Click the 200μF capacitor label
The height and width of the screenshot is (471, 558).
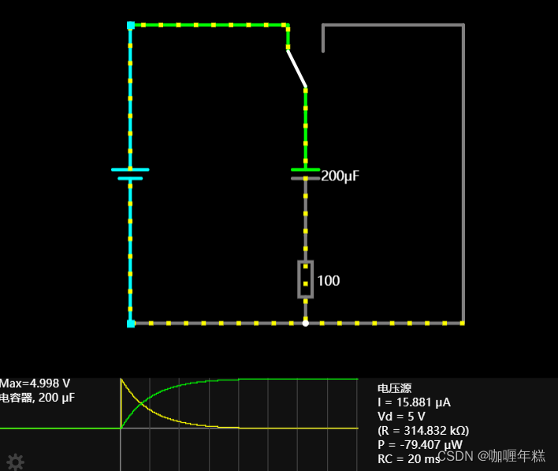(x=340, y=176)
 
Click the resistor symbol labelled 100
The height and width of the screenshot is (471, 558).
(x=306, y=280)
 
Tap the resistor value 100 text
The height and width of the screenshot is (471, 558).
(x=329, y=280)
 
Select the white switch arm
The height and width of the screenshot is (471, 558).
(x=296, y=69)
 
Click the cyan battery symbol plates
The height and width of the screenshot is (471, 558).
(x=130, y=173)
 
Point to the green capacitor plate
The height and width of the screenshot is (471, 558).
(x=306, y=169)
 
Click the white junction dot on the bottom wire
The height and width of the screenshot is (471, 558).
(x=306, y=323)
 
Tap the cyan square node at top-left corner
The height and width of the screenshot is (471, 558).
(x=131, y=26)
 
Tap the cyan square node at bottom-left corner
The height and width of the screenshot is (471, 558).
(x=131, y=323)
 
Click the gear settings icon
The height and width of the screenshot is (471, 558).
(x=15, y=462)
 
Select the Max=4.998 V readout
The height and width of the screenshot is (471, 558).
(x=30, y=384)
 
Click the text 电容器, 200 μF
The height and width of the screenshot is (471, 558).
(x=38, y=398)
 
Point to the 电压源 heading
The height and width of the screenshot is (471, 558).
(x=394, y=388)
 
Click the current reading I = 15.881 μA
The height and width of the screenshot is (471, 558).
(x=415, y=402)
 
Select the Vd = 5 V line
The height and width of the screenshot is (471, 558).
(x=402, y=416)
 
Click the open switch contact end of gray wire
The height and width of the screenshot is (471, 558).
(x=323, y=50)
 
